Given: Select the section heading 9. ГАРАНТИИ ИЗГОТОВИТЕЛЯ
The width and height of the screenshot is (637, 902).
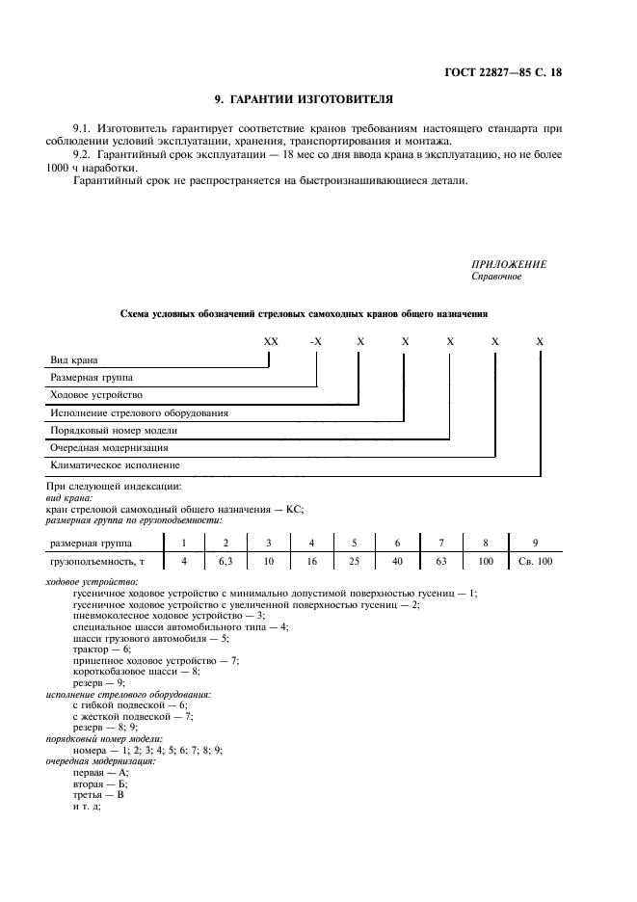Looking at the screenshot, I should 302,98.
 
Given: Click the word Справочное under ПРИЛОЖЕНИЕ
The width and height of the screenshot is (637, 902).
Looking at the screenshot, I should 496,278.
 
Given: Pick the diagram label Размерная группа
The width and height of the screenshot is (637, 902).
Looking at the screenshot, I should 93,378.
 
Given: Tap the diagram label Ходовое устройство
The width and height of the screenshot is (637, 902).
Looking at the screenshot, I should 96,395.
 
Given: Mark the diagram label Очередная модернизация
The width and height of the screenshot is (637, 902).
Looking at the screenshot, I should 109,447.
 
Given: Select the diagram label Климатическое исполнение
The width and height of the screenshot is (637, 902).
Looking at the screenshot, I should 115,464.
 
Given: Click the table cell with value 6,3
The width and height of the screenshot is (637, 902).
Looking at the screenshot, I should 226,560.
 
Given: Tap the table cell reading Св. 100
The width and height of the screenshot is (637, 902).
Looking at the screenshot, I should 543,560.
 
